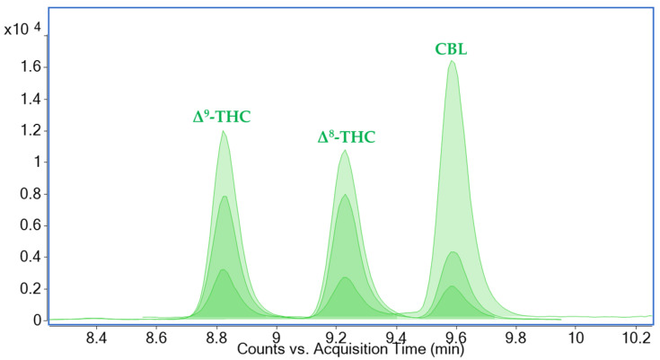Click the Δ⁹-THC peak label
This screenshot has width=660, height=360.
pos(223,117)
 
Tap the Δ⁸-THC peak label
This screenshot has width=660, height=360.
pos(347,137)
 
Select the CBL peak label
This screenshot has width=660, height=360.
pos(451,49)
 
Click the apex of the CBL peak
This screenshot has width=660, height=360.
pos(452,61)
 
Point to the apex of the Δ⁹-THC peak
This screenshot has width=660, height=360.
pos(223,132)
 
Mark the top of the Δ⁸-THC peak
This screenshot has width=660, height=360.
pos(344,151)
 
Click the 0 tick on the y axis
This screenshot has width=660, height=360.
pos(36,320)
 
